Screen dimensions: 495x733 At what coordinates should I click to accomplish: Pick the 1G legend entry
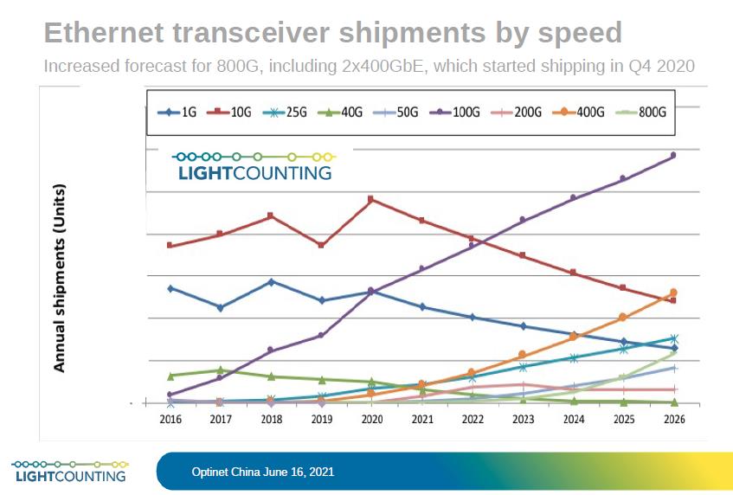(x=180, y=112)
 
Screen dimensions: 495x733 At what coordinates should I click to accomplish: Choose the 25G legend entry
(x=289, y=112)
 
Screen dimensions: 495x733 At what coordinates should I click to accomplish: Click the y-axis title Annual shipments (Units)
(x=60, y=278)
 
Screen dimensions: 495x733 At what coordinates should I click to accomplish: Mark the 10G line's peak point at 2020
(x=371, y=200)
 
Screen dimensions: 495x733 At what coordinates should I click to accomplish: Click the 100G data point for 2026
(x=673, y=156)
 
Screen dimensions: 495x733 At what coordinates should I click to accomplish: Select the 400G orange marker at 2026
(x=673, y=292)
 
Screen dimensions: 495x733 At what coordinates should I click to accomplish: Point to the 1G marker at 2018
(x=272, y=282)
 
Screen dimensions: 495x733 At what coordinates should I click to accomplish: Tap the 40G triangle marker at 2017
(x=221, y=370)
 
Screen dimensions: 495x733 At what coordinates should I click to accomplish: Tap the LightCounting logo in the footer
(x=68, y=470)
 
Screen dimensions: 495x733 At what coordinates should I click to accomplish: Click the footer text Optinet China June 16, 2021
(x=262, y=472)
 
